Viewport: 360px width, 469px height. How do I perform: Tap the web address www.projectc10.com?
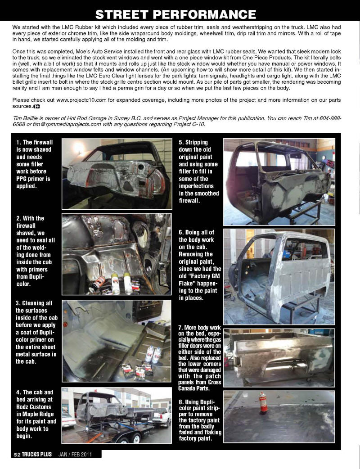(82, 99)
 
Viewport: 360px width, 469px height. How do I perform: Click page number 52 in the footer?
(17, 455)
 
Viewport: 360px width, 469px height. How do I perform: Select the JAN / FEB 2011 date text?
(75, 455)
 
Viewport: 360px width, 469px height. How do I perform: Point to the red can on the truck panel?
(263, 402)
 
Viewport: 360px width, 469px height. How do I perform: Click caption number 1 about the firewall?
(34, 163)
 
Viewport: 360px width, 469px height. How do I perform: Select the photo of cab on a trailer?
(117, 415)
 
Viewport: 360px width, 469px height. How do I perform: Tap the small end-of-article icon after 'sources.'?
(37, 106)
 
